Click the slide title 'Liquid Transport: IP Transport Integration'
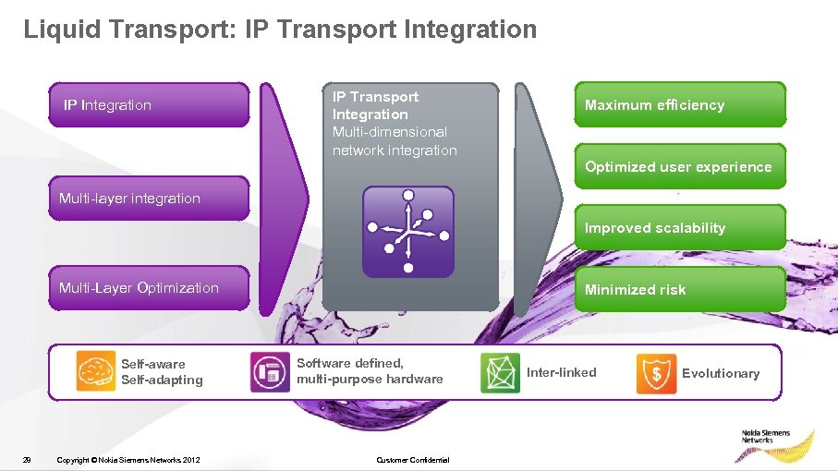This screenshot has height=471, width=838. point(280,30)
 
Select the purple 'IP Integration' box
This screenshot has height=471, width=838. point(149,105)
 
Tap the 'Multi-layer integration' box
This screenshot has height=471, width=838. point(149,199)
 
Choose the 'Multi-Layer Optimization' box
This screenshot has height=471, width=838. point(149,288)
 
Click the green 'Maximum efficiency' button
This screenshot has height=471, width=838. point(680,105)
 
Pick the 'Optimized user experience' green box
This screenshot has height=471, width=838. point(680,167)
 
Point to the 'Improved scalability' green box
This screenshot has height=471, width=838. point(680,228)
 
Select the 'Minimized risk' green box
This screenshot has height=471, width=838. point(680,290)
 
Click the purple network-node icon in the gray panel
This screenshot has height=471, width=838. point(408,232)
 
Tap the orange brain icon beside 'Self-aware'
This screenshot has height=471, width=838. point(95,372)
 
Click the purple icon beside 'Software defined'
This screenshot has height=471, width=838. point(269,372)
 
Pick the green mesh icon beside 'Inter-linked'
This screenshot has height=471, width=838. point(500,373)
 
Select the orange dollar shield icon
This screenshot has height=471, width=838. point(656,373)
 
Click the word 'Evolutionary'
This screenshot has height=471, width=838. point(721,373)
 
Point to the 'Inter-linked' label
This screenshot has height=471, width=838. point(562,373)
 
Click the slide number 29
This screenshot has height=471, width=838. point(28,460)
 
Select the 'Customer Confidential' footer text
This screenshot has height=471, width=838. point(413,460)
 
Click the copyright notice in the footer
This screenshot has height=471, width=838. point(128,460)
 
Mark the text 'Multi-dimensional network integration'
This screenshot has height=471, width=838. point(395,141)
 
